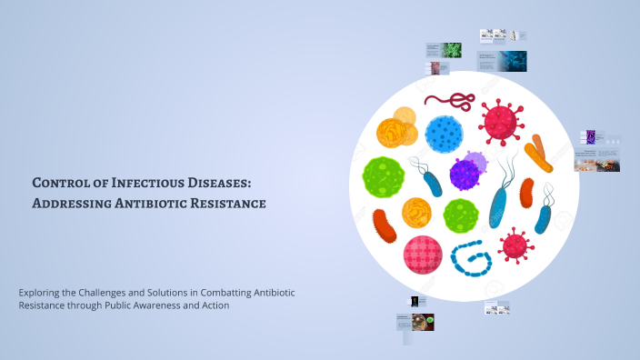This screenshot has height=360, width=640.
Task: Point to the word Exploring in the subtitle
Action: click(41, 292)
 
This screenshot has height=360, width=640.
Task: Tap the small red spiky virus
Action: click(515, 244)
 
